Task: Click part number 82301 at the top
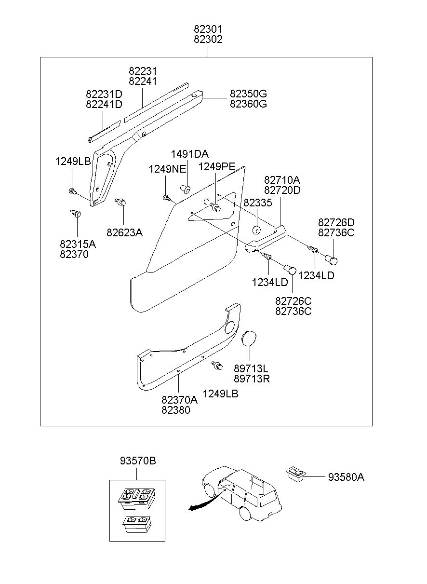click(x=208, y=29)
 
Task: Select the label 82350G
click(x=248, y=94)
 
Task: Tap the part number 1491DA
click(x=190, y=154)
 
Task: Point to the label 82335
click(x=258, y=203)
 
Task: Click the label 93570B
click(x=138, y=461)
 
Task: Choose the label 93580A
click(x=346, y=477)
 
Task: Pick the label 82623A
click(x=124, y=232)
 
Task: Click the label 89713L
click(x=251, y=368)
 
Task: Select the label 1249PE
click(x=217, y=166)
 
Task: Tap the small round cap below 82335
click(x=256, y=230)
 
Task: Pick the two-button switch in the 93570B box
click(x=136, y=524)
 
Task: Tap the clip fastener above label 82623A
click(x=120, y=202)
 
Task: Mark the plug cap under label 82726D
click(x=331, y=260)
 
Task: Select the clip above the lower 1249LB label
click(x=217, y=366)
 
